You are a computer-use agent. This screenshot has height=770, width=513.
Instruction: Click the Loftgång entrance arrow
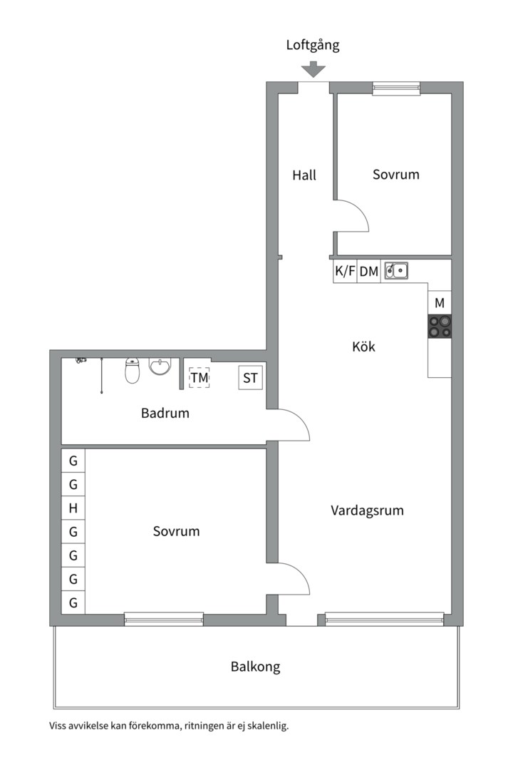313,70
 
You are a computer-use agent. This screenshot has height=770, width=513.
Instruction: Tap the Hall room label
304,175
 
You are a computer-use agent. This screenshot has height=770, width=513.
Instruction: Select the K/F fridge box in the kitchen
345,271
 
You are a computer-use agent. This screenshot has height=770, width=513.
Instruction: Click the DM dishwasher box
368,271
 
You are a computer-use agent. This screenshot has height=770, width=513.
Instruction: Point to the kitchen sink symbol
396,270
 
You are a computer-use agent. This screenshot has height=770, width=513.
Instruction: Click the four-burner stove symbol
440,326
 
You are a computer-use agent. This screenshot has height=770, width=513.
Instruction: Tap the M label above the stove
440,303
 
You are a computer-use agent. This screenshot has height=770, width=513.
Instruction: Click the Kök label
363,347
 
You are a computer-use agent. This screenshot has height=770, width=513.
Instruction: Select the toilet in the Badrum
133,370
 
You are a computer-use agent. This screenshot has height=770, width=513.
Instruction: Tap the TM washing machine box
199,377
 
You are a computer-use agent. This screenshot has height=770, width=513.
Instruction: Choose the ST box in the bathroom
250,378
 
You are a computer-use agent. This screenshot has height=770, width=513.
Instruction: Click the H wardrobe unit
73,508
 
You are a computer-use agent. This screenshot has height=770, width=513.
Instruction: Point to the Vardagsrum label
367,510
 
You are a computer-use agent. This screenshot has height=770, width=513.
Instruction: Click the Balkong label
255,667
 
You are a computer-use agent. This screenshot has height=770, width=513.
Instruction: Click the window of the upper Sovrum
396,89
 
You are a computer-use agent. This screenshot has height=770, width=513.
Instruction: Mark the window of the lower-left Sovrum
164,619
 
